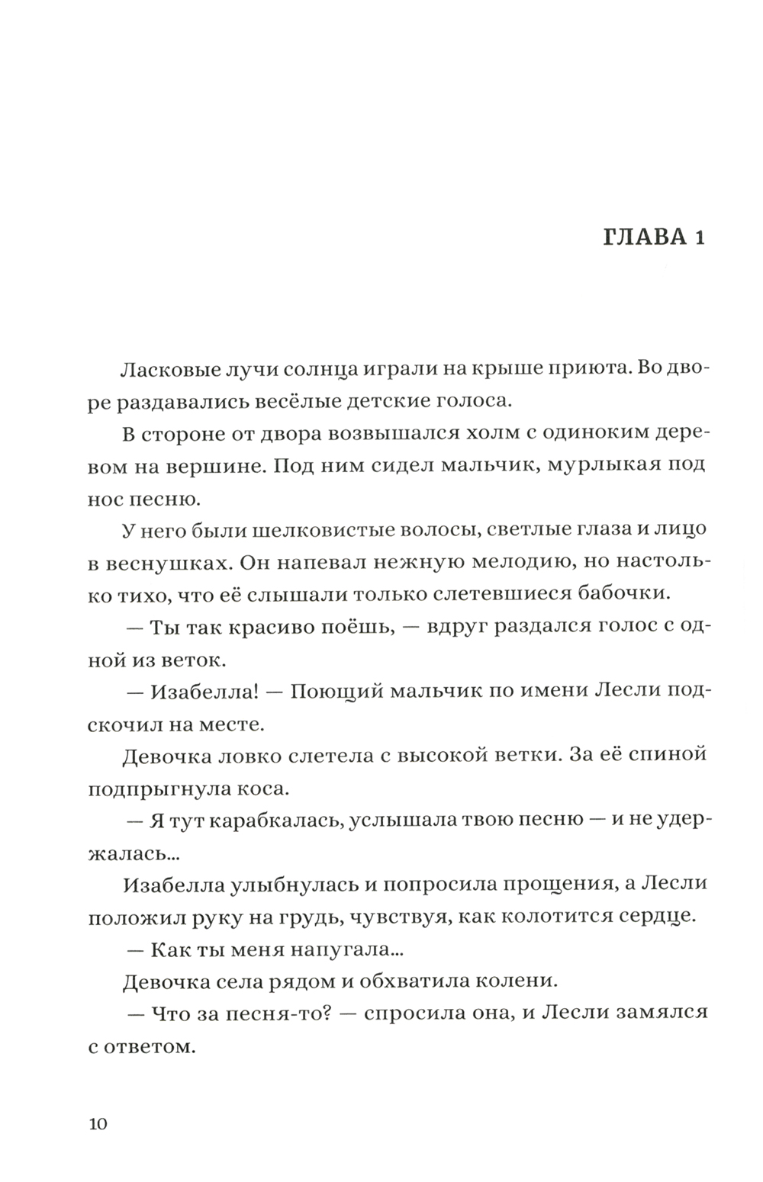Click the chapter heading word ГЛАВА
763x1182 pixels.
coord(643,237)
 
